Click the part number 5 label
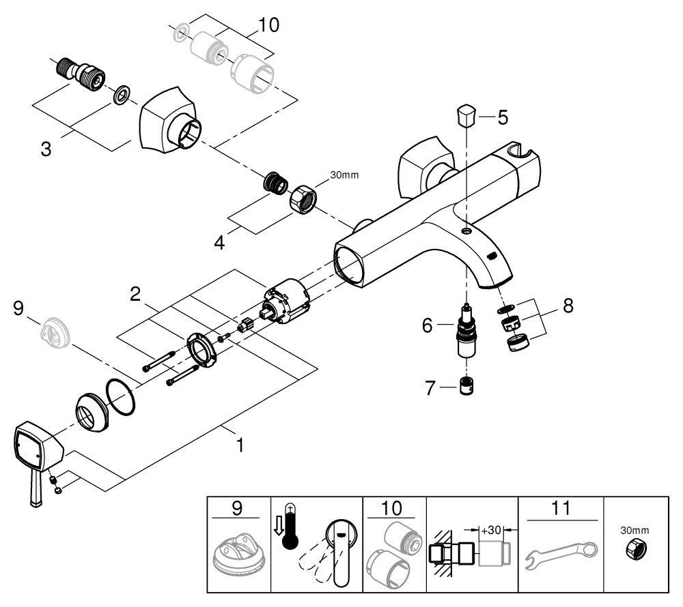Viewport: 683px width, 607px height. [x=503, y=117]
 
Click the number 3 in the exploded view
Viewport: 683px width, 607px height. [x=46, y=148]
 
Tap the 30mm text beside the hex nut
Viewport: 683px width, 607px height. [x=344, y=175]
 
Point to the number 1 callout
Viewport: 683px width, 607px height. [x=240, y=445]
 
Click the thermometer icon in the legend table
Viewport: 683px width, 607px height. [x=292, y=522]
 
